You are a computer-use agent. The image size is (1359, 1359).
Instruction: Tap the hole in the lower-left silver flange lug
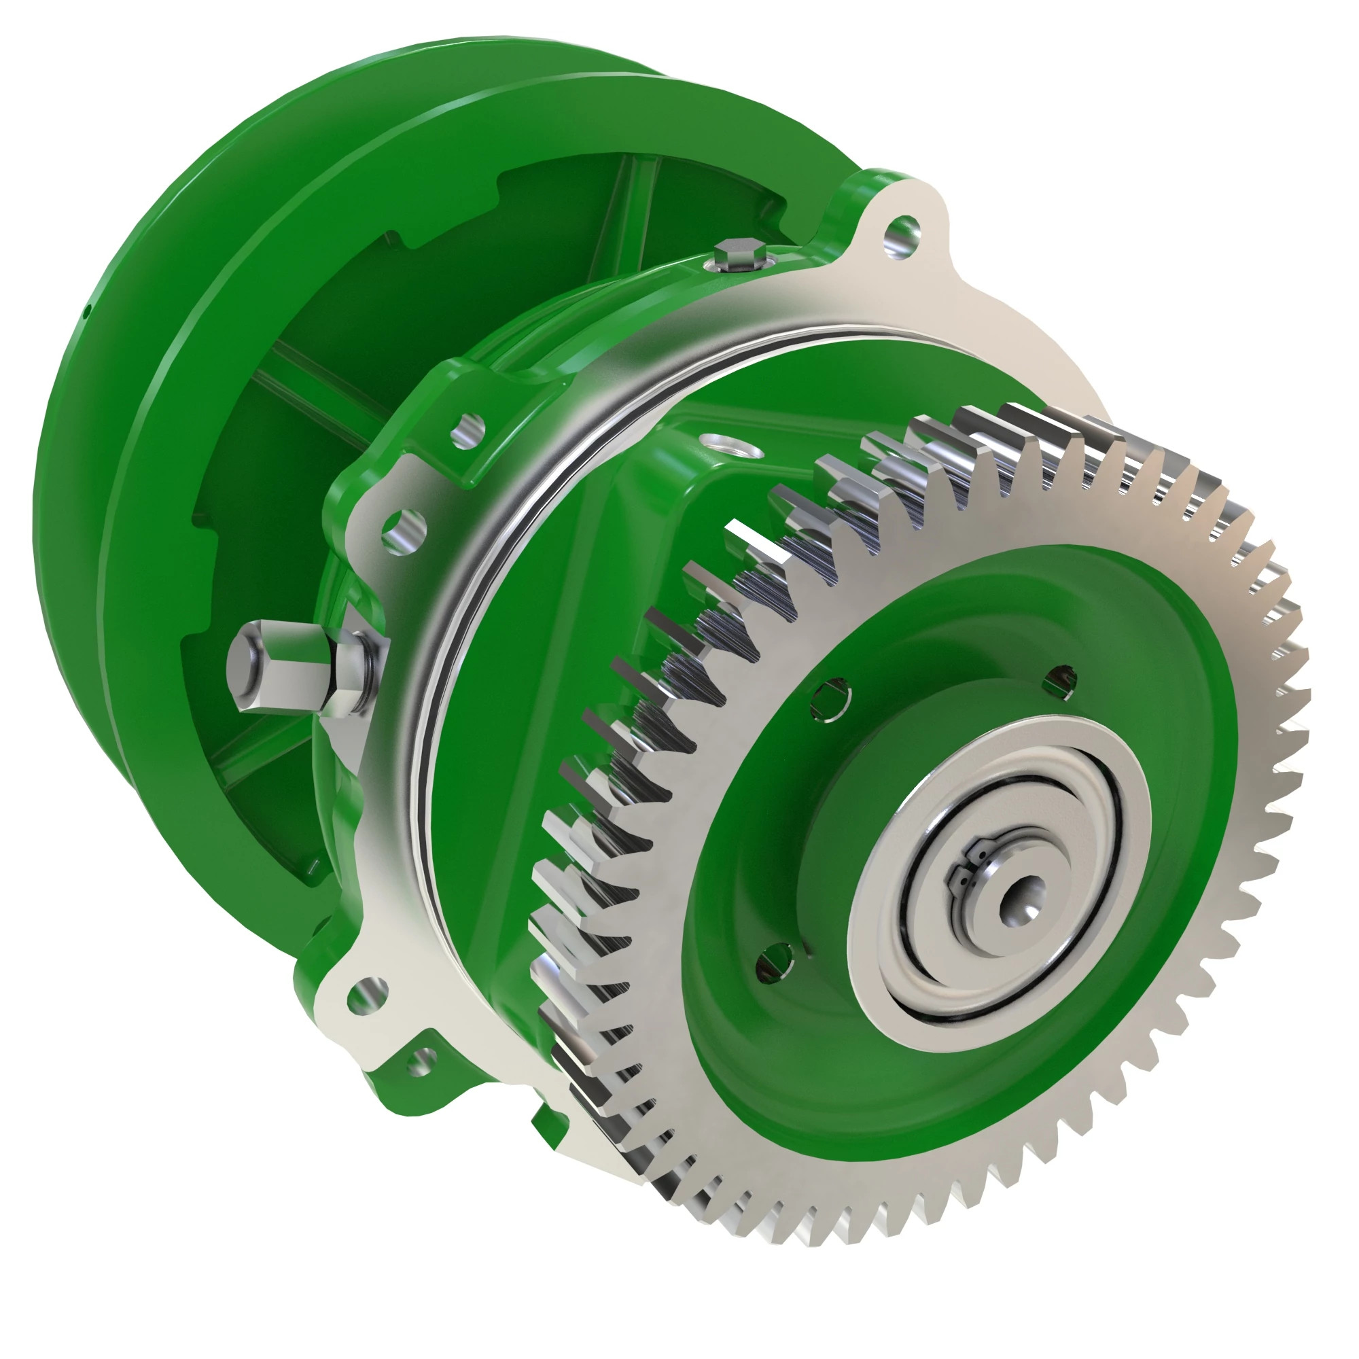click(368, 995)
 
